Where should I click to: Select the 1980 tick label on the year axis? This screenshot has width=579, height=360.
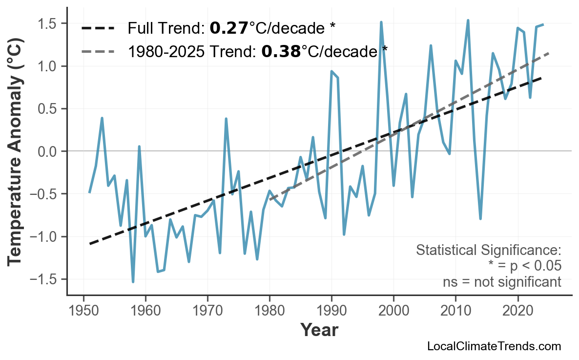coord(269,311)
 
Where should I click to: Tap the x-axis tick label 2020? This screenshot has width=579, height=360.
coord(517,311)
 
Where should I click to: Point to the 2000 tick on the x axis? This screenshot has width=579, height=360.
coord(393,311)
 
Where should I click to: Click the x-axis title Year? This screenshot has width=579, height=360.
coord(319,331)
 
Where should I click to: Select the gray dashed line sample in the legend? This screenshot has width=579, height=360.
coord(98,50)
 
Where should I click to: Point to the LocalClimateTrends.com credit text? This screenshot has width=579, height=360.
coord(494,346)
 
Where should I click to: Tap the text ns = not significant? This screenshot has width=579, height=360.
coord(501,282)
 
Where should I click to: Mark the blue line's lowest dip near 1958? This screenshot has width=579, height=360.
coord(133,282)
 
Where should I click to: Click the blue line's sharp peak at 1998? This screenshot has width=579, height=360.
coord(381,22)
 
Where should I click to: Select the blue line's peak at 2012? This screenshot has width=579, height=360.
coord(468,21)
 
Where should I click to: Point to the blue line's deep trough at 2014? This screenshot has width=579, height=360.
coord(480,219)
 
